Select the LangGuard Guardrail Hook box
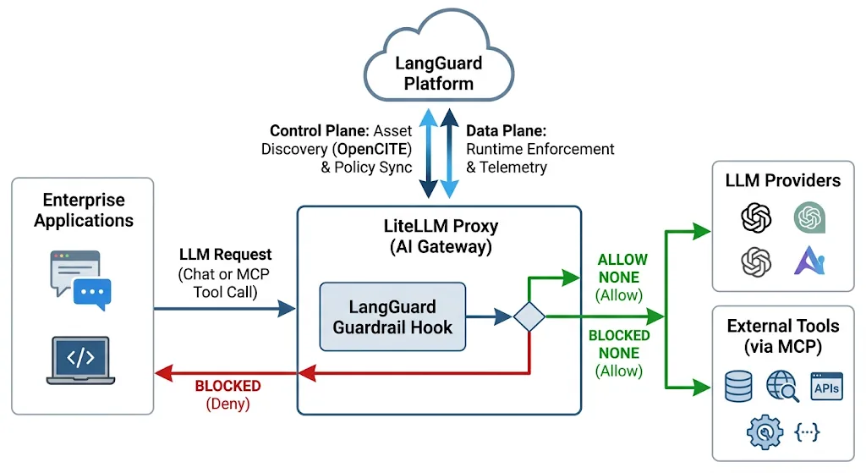(x=392, y=316)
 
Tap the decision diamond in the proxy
(x=529, y=316)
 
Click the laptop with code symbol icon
(x=80, y=360)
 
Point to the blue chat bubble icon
(x=92, y=293)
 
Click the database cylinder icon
(x=738, y=386)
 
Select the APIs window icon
(x=826, y=386)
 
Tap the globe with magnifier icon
(x=782, y=386)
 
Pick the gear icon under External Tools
(x=765, y=432)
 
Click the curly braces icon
(x=807, y=432)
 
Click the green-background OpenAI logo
(x=809, y=217)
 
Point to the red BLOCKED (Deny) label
(x=227, y=394)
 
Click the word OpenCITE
(x=375, y=149)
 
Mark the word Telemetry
(x=513, y=168)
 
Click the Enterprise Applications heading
(x=84, y=210)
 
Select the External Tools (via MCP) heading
(x=782, y=336)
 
